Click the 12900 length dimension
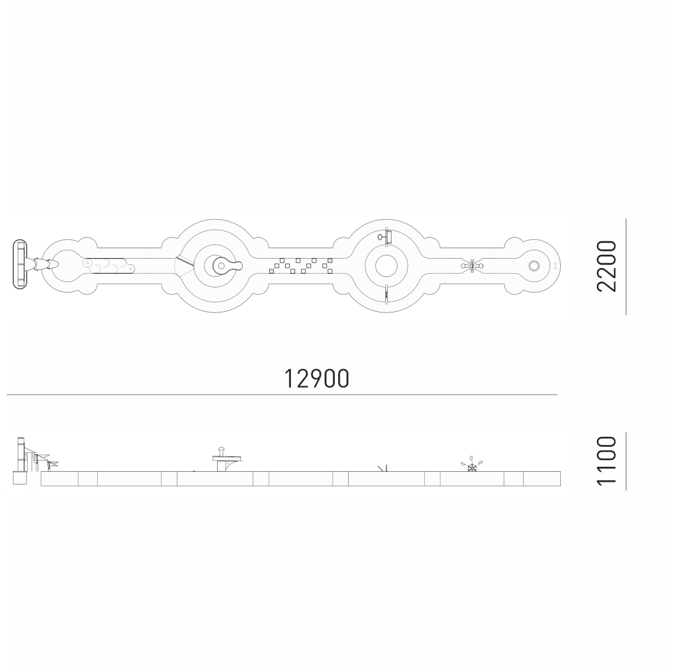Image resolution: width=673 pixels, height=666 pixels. tap(317, 379)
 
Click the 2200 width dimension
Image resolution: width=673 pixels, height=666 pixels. tap(606, 266)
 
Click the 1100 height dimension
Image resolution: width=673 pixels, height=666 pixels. tap(606, 461)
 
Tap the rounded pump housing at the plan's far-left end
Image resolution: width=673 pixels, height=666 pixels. tap(20, 264)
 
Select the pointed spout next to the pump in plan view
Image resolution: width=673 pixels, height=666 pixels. tap(44, 264)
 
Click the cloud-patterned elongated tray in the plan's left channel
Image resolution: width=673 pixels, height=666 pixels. tap(109, 266)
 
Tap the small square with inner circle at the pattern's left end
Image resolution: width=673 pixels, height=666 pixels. tap(272, 271)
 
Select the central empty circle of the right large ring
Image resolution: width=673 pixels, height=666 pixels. tap(386, 266)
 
